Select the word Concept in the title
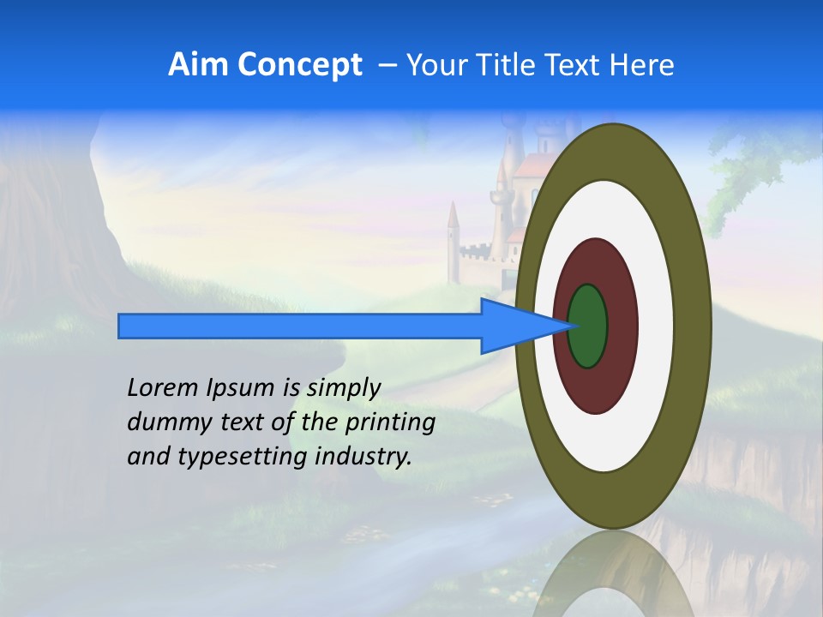299,65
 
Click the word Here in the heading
642,65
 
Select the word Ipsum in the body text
240,389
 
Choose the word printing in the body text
389,423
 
